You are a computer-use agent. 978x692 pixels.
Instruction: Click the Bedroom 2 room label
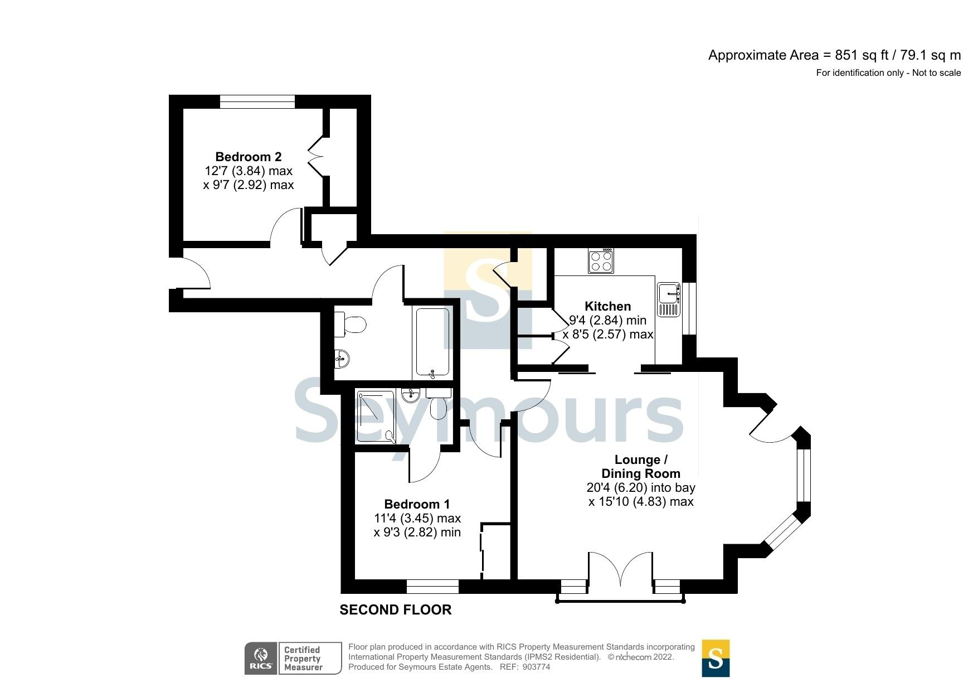pyautogui.click(x=248, y=157)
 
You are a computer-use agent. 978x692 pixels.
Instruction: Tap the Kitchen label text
pyautogui.click(x=607, y=306)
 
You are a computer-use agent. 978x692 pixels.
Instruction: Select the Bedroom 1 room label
pyautogui.click(x=417, y=504)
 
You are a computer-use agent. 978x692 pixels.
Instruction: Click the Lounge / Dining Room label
pyautogui.click(x=641, y=467)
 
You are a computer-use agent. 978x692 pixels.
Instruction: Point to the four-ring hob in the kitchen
pyautogui.click(x=601, y=260)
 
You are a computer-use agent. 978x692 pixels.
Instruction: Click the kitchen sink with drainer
pyautogui.click(x=669, y=300)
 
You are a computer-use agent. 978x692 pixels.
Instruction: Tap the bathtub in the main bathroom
pyautogui.click(x=432, y=342)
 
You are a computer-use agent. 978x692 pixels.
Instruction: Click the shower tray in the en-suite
pyautogui.click(x=375, y=416)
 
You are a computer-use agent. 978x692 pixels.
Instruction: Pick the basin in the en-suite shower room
pyautogui.click(x=411, y=396)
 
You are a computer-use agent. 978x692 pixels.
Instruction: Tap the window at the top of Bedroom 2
pyautogui.click(x=257, y=101)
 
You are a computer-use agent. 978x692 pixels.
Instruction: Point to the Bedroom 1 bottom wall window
pyautogui.click(x=432, y=587)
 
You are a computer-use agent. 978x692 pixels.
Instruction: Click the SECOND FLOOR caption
pyautogui.click(x=395, y=610)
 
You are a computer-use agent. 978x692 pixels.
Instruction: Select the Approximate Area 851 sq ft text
pyautogui.click(x=834, y=55)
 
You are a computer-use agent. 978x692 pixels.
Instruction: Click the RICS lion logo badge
pyautogui.click(x=261, y=658)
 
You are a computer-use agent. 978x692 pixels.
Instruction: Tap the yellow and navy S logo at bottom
pyautogui.click(x=715, y=658)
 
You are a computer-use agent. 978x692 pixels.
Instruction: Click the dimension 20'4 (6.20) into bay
pyautogui.click(x=641, y=488)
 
